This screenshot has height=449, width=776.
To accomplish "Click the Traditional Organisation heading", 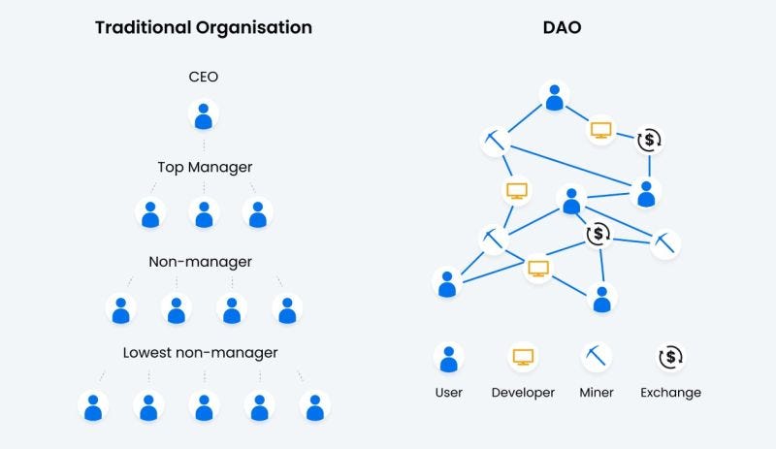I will [x=204, y=27].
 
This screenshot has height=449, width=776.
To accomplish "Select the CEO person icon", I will [x=204, y=116].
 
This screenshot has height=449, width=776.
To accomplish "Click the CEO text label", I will [x=204, y=76].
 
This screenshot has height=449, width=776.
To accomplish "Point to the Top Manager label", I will [x=205, y=167].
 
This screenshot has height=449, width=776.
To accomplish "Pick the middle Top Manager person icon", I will [x=204, y=213].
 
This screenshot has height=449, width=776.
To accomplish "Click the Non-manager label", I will [x=201, y=262].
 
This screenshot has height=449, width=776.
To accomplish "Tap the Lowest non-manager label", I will [x=201, y=352].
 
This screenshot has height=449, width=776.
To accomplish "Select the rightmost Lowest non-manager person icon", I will [x=314, y=406].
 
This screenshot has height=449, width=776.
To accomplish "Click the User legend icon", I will [x=448, y=359].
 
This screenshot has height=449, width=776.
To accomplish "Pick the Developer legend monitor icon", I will [x=523, y=358].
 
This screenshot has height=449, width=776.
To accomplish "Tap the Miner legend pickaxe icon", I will [x=597, y=358].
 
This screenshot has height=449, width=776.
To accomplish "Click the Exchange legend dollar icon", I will [x=671, y=358].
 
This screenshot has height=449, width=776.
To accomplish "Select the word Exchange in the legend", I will [x=671, y=393].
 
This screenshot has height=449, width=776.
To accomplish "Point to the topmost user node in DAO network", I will [x=554, y=97].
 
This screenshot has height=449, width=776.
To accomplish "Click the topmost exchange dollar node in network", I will [x=650, y=141].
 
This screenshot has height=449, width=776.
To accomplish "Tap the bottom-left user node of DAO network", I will [x=447, y=283].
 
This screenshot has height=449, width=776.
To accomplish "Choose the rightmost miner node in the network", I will [x=665, y=242].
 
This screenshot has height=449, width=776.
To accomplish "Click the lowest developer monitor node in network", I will [x=539, y=269].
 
